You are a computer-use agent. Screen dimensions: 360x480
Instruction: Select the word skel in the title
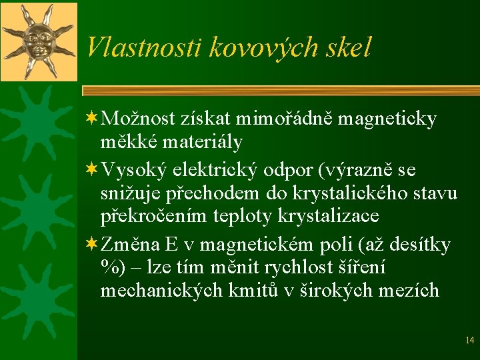pos(346,47)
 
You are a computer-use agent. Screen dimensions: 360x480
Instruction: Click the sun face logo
pos(39,41)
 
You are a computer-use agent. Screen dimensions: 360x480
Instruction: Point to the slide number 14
pos(469,341)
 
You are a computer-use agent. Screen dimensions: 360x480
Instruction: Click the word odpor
pos(290,171)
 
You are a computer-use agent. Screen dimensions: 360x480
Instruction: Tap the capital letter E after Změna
pos(171,245)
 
